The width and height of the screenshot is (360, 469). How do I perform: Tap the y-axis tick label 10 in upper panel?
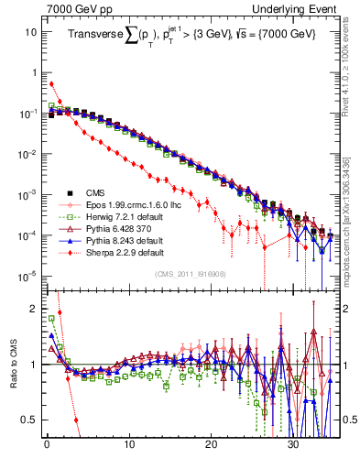click(31, 31)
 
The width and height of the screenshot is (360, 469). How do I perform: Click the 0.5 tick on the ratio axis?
click(28, 420)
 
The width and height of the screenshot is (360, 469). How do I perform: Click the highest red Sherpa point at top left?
click(51, 83)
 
